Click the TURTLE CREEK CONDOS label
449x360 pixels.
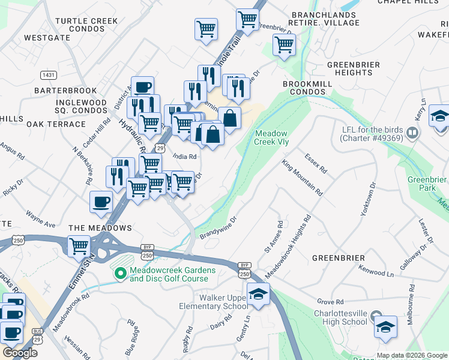[86, 25]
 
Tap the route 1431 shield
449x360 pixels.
[49, 75]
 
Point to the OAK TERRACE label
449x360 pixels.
[56, 124]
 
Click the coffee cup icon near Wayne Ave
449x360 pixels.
[101, 202]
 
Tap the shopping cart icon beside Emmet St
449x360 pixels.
[79, 245]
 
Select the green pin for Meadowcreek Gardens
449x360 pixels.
[121, 273]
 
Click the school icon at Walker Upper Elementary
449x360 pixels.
[258, 294]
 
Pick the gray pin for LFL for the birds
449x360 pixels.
[412, 132]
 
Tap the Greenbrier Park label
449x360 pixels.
[427, 184]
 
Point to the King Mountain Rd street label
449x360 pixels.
[303, 178]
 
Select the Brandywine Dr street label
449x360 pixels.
[218, 228]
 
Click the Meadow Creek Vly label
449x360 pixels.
[272, 137]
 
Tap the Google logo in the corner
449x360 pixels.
[20, 353]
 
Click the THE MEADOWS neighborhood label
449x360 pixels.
[100, 228]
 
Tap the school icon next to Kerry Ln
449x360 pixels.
[439, 116]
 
